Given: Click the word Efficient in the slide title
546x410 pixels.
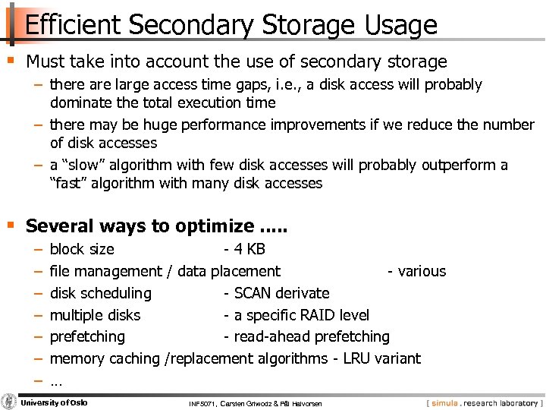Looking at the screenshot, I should point(73,25).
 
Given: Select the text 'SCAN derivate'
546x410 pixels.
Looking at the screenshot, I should point(281,293).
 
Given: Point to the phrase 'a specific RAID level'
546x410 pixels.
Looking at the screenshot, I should point(301,315).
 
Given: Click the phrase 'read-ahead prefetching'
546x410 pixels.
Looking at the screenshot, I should point(311,336).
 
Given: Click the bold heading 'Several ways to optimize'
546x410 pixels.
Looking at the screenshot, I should point(140,225).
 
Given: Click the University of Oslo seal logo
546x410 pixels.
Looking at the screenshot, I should point(9,402).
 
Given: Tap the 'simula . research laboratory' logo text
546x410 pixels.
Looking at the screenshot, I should point(482,402).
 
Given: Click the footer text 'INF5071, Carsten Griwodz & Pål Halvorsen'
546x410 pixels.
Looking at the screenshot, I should point(256,403).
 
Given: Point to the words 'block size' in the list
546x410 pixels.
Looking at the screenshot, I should point(82,249).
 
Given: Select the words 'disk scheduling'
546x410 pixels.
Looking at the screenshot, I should point(100,293).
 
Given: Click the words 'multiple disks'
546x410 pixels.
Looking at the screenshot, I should point(95,315).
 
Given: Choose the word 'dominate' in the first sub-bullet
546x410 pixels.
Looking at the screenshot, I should point(80,102).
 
